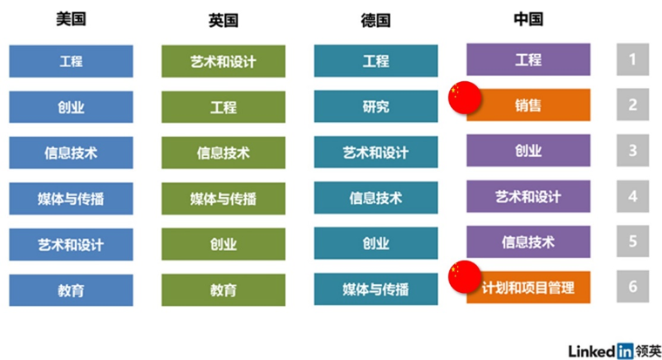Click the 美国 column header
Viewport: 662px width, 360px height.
pyautogui.click(x=71, y=19)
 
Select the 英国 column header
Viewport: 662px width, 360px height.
pyautogui.click(x=223, y=20)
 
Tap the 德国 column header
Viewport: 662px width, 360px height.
pyautogui.click(x=375, y=20)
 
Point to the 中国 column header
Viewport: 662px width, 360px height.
pyautogui.click(x=528, y=19)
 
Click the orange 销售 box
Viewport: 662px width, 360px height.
pyautogui.click(x=529, y=105)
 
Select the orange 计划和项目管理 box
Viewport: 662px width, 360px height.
pyautogui.click(x=529, y=287)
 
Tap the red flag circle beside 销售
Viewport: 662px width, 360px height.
pyautogui.click(x=463, y=98)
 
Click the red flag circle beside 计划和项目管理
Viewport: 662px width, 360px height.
pyautogui.click(x=463, y=276)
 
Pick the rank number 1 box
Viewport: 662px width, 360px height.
pyautogui.click(x=633, y=61)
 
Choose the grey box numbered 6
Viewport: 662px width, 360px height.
pyautogui.click(x=633, y=287)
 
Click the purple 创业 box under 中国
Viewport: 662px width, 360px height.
pyautogui.click(x=529, y=150)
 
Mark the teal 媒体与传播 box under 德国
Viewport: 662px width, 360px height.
pyautogui.click(x=376, y=289)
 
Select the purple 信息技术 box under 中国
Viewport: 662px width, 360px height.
pyautogui.click(x=529, y=241)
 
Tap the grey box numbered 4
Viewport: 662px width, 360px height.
pyautogui.click(x=633, y=196)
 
